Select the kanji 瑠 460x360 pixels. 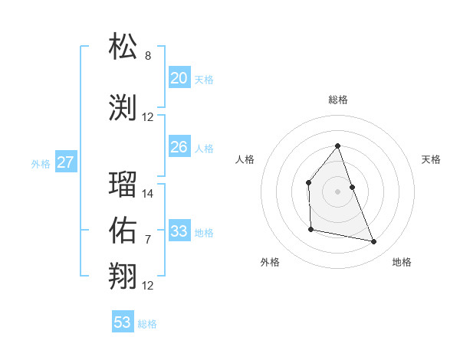123,185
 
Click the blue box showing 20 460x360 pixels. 179,78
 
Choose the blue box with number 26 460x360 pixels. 179,147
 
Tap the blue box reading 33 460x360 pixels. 179,231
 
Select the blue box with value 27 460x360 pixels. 65,162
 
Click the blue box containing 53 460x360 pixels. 123,322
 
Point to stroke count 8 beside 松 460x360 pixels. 148,56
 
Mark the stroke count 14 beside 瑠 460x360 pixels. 148,194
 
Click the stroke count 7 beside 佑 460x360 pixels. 148,240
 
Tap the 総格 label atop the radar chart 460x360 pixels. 337,100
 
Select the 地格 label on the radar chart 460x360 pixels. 402,262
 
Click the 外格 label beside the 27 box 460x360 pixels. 40,163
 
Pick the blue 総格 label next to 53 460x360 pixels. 147,324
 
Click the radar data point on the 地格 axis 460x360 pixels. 374,241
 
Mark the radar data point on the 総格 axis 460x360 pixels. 337,146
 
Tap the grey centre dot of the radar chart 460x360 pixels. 337,191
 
